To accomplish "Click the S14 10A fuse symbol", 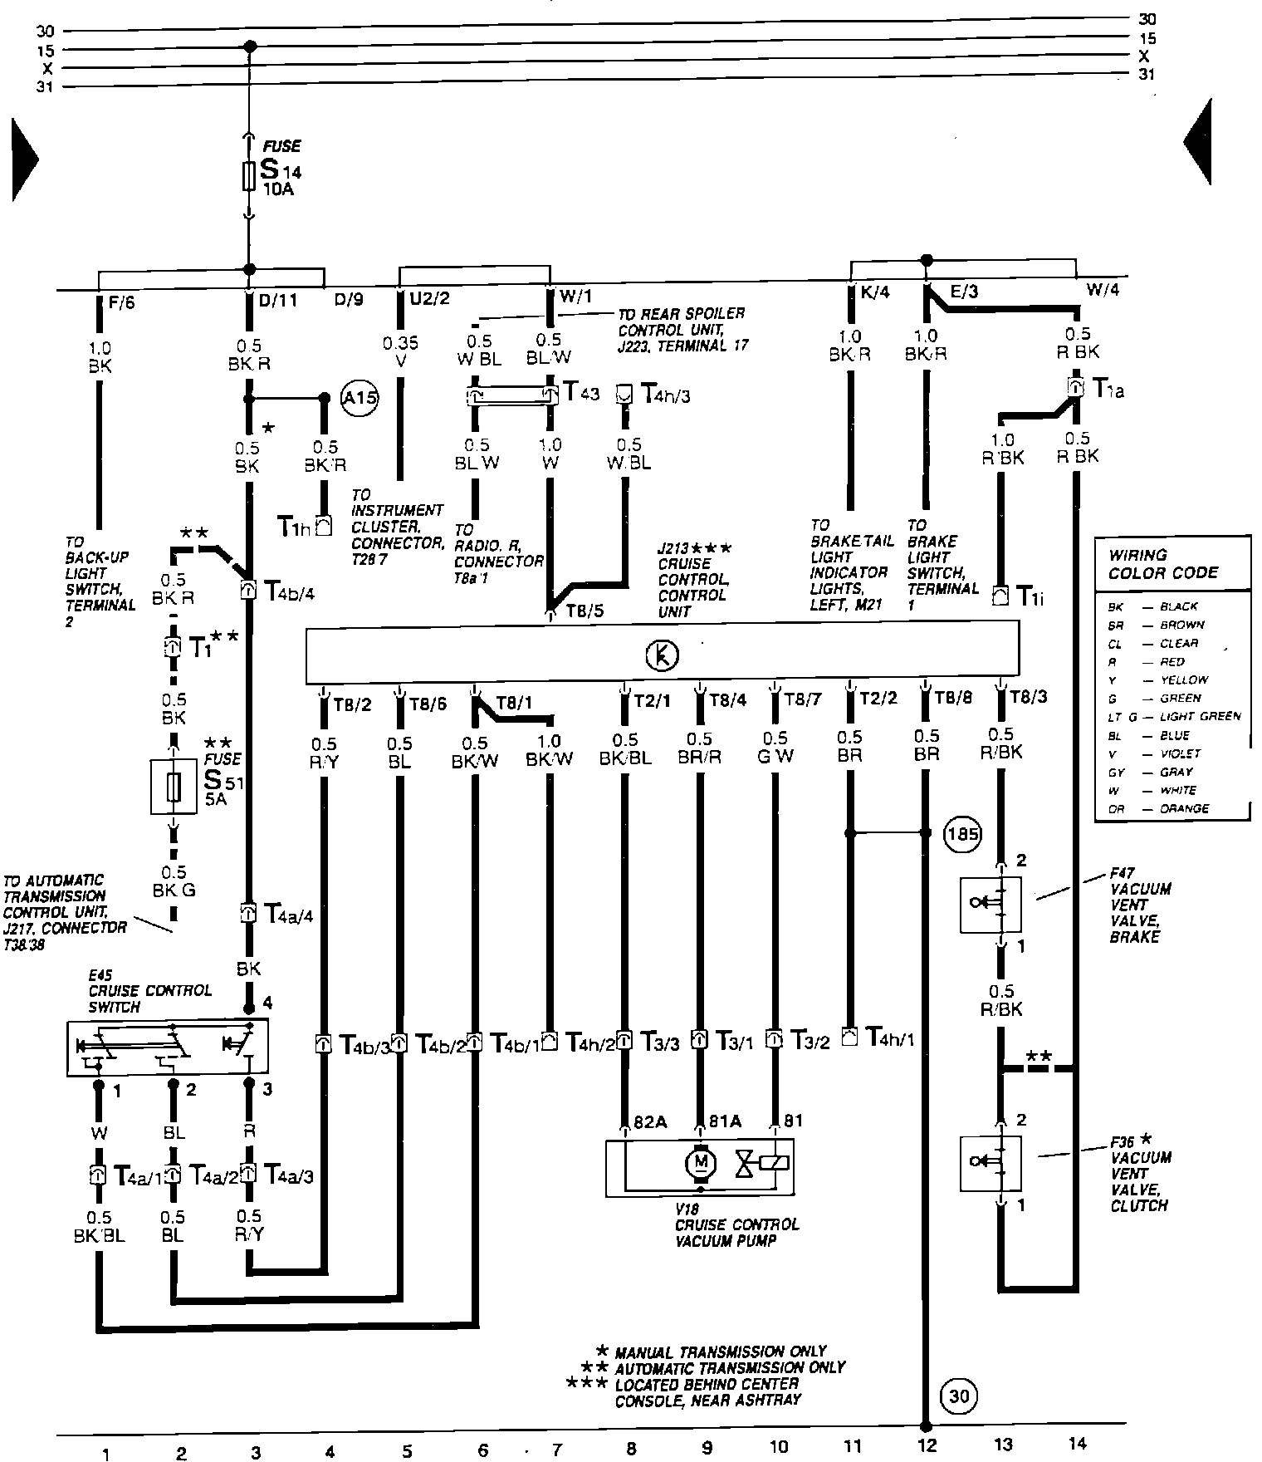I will coord(248,176).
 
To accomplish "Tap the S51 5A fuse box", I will coord(174,786).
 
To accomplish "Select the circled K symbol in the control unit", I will coord(662,655).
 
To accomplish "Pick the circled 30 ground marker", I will coord(959,1396).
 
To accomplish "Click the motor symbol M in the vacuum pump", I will coord(700,1161).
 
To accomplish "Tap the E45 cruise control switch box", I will coord(168,1048).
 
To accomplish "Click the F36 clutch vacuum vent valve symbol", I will coord(990,1163).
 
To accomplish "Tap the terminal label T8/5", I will coord(585,611).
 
